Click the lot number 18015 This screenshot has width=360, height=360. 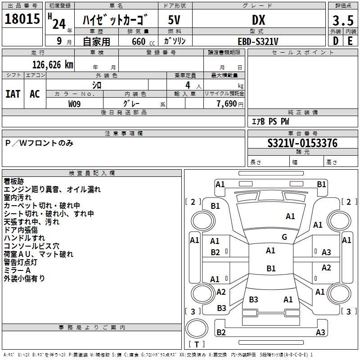point(22,18)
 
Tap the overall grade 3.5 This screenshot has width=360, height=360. point(343,20)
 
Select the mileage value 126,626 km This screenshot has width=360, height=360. point(53,65)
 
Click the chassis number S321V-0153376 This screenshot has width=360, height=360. point(302,143)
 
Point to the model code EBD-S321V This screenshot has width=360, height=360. point(258,41)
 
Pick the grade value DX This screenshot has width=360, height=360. point(258,20)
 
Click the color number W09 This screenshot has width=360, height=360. point(74,104)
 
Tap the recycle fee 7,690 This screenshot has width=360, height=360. point(227,104)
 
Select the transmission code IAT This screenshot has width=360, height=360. point(13,94)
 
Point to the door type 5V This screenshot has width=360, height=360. point(174,20)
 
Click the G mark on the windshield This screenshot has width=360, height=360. point(284,237)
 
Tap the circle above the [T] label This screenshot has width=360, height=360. point(197,328)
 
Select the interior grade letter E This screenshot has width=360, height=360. point(350,41)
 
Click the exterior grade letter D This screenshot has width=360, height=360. point(335,41)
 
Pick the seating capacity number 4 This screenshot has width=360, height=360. point(188,85)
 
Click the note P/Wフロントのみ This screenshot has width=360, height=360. point(39,143)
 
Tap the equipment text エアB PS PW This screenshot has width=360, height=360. point(270,121)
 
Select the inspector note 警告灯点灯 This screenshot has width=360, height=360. point(20,262)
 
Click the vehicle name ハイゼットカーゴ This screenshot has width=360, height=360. point(115,20)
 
